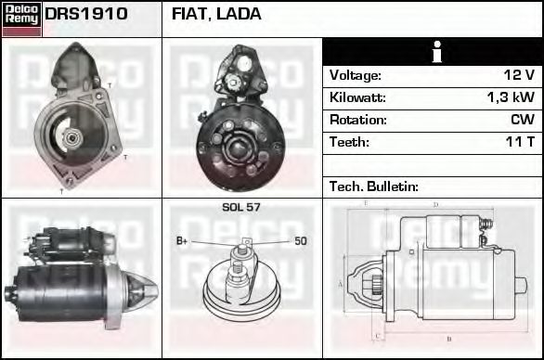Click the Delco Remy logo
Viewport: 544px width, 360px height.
coord(21,18)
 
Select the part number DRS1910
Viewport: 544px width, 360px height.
coord(86,15)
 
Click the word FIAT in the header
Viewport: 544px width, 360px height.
coord(191,15)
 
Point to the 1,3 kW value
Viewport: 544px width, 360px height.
coord(511,97)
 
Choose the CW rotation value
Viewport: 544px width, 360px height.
coord(523,120)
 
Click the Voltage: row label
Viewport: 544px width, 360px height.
coord(356,75)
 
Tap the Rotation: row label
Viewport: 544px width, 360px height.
coord(357,120)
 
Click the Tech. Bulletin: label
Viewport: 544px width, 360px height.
coord(374,186)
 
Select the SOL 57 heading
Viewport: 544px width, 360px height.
coord(240,207)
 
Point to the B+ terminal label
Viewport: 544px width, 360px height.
coord(183,241)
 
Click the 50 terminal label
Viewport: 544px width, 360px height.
coord(301,241)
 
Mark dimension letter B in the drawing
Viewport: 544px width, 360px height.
coord(448,339)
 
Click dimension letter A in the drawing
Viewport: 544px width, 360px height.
coord(341,284)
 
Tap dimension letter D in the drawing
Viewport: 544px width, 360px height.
coord(434,205)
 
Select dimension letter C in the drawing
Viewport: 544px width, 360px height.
coord(374,333)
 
